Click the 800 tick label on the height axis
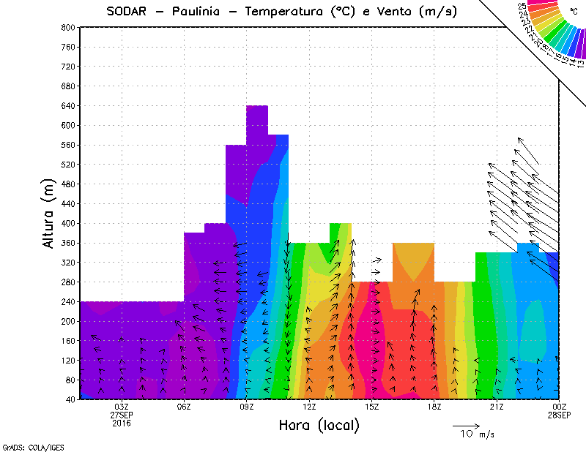click(68, 27)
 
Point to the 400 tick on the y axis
click(68, 223)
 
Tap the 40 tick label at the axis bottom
click(70, 399)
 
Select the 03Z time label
click(122, 407)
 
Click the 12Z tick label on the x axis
click(309, 407)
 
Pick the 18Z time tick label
click(434, 407)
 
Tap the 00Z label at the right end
click(560, 407)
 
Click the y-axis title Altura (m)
click(50, 214)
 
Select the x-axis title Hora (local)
click(319, 425)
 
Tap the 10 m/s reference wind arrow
click(466, 425)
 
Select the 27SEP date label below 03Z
click(122, 415)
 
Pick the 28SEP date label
click(559, 415)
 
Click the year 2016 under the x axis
click(122, 423)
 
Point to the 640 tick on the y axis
click(68, 105)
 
